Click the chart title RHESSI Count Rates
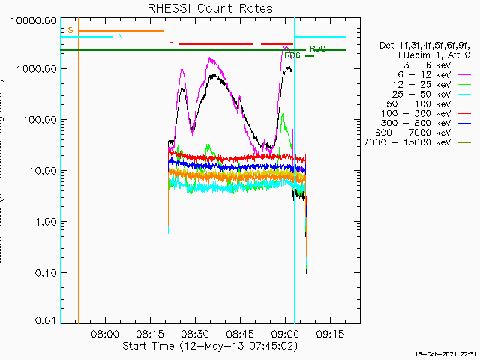211,8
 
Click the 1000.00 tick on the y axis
38,69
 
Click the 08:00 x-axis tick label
105,334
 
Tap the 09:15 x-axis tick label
331,334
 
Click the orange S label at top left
70,30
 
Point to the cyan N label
120,36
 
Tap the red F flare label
171,43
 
